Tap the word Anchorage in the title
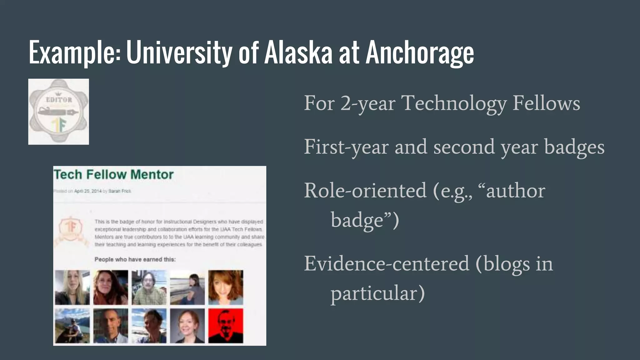pyautogui.click(x=420, y=53)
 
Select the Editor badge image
pyautogui.click(x=58, y=112)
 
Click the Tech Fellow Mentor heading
pyautogui.click(x=113, y=174)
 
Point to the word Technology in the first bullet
pyautogui.click(x=454, y=103)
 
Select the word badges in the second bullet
pyautogui.click(x=574, y=147)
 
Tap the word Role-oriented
pyautogui.click(x=365, y=190)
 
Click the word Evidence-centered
pyautogui.click(x=387, y=263)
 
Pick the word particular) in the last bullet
pyautogui.click(x=378, y=293)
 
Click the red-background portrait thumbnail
pyautogui.click(x=226, y=326)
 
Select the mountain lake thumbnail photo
pyautogui.click(x=72, y=326)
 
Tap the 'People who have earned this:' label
pyautogui.click(x=135, y=259)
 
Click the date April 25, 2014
pyautogui.click(x=88, y=191)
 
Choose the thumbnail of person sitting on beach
pyautogui.click(x=187, y=287)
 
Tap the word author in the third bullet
pyautogui.click(x=516, y=190)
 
